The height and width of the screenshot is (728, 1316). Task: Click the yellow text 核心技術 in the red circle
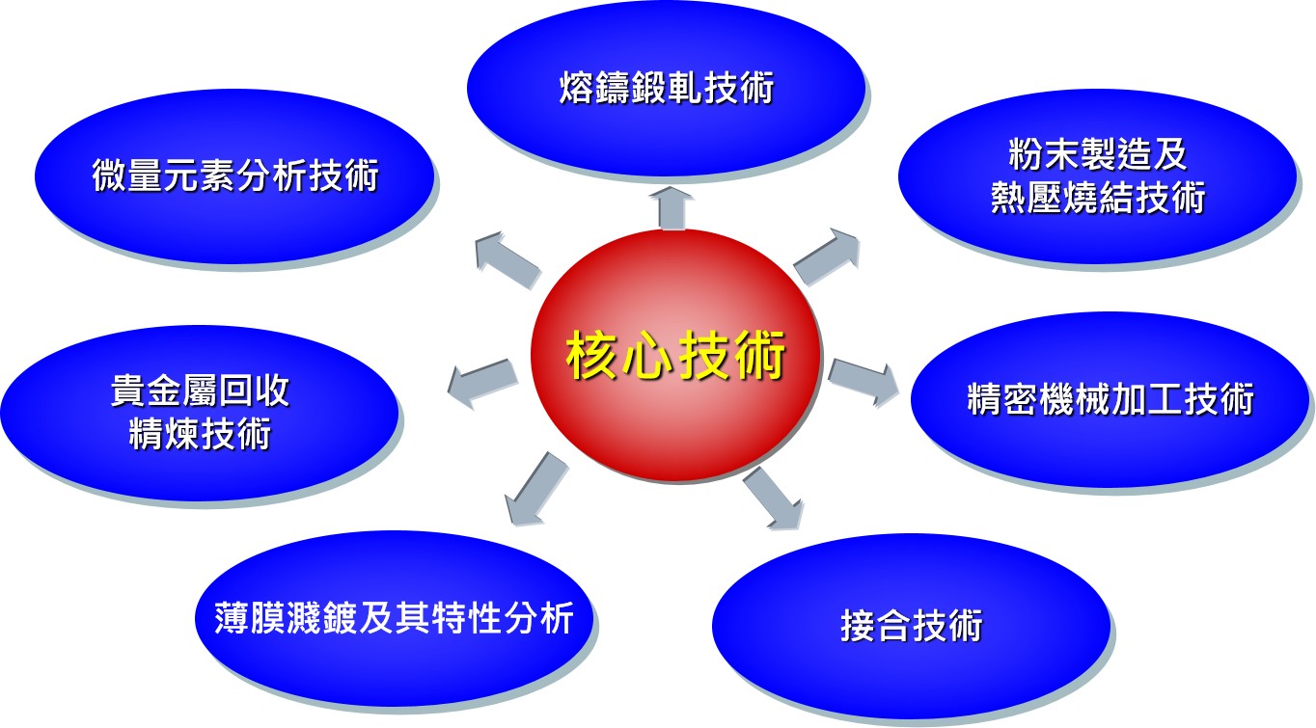tap(675, 355)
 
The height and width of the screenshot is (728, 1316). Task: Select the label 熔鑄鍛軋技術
tap(667, 88)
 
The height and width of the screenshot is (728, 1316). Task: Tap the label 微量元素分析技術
tap(235, 175)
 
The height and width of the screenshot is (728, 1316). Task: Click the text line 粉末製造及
tap(1097, 155)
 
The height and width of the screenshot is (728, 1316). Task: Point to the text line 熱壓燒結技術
tap(1097, 197)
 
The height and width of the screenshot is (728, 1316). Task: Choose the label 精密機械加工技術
tap(1110, 399)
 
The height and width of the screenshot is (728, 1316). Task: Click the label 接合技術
tap(911, 625)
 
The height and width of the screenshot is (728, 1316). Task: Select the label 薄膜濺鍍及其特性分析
tap(395, 618)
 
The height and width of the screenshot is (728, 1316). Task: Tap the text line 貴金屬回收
tap(201, 391)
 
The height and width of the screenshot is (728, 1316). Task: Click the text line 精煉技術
tap(201, 433)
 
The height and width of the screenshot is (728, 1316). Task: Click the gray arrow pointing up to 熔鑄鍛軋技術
tap(672, 208)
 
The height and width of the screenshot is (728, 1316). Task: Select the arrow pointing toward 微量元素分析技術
tap(507, 260)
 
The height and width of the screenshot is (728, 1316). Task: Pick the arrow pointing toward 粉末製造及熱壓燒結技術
tap(827, 257)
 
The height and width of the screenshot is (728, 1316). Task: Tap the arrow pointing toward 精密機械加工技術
tap(864, 383)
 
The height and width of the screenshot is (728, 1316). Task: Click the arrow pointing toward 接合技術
tap(774, 499)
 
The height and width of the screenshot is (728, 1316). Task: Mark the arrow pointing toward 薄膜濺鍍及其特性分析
tap(536, 489)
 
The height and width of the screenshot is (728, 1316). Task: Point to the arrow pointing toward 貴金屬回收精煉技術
tap(482, 384)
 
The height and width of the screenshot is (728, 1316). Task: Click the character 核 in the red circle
tap(592, 355)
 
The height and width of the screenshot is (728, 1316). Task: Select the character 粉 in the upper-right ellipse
tap(1026, 155)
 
